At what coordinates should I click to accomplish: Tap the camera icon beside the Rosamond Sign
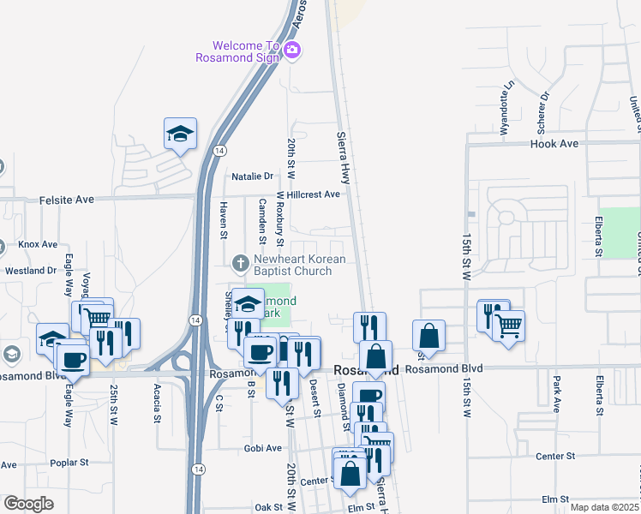(x=292, y=51)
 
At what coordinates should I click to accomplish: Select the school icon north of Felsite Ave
(x=181, y=134)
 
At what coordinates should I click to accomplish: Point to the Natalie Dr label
(x=252, y=176)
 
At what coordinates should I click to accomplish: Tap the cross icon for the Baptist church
(x=242, y=260)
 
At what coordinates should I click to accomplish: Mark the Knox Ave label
(x=38, y=244)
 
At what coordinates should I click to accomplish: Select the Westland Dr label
(x=30, y=270)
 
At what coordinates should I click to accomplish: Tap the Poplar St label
(x=73, y=462)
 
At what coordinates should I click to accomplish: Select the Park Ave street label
(x=556, y=393)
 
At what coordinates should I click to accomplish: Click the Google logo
(x=28, y=504)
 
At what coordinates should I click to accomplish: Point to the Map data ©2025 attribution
(x=605, y=507)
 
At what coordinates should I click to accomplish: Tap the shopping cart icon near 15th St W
(x=509, y=325)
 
